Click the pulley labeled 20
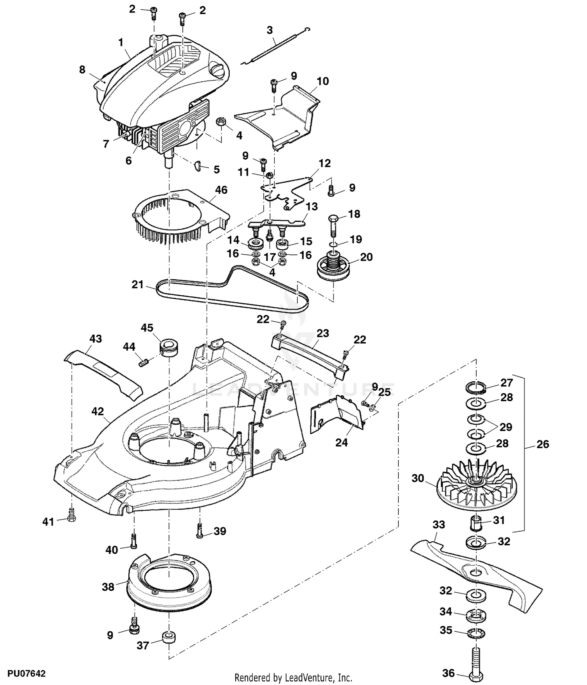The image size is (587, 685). point(333,267)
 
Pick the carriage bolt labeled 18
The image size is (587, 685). point(333,225)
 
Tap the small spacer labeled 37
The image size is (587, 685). point(169,639)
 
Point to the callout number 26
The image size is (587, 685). point(543,444)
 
